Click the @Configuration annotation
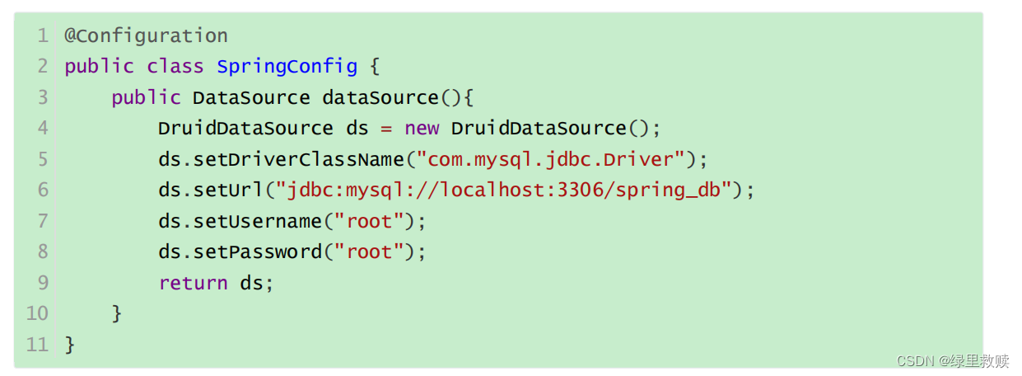point(146,36)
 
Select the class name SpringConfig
point(287,67)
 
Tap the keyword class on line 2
point(175,67)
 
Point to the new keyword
point(422,129)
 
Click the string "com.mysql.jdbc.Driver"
point(550,159)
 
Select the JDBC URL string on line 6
point(504,190)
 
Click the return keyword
point(194,283)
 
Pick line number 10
point(37,313)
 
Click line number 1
point(42,36)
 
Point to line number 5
point(42,159)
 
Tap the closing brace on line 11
point(70,345)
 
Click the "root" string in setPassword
point(369,251)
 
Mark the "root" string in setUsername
point(369,221)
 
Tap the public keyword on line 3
point(146,97)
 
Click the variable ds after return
point(251,283)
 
